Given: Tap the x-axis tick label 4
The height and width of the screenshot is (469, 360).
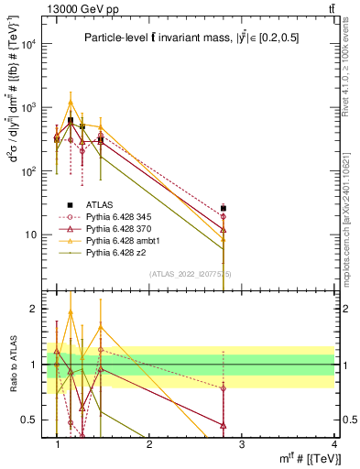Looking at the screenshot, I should (x=334, y=444).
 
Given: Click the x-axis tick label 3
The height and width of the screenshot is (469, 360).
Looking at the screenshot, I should (x=242, y=444).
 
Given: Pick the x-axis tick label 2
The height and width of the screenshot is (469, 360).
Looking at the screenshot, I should (x=149, y=444).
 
